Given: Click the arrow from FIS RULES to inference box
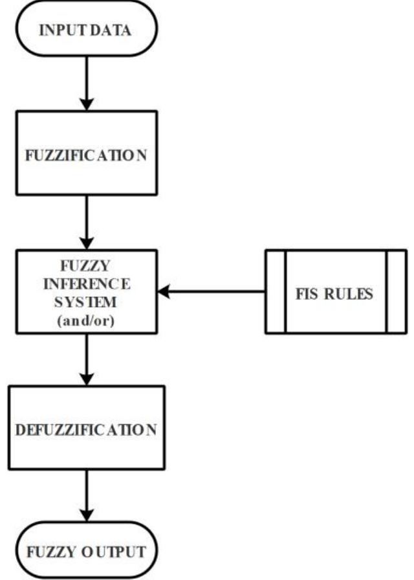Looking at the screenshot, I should (213, 292).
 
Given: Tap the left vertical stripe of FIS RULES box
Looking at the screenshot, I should (275, 292).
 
